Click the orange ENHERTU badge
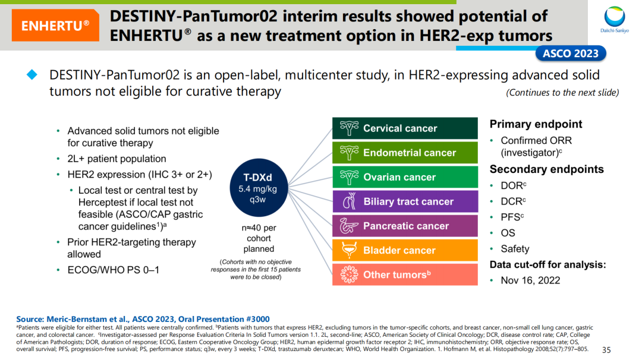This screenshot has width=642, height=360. pos(55,26)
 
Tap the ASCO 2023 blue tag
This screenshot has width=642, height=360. pos(570,54)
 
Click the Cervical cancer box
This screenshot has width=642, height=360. pos(405,128)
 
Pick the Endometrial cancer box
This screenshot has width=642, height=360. pos(405,153)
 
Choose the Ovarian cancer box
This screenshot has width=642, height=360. pos(405,177)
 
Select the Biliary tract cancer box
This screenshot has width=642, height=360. pos(405,201)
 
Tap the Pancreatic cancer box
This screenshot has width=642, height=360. pos(405,226)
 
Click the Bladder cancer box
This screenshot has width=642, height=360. pos(405,250)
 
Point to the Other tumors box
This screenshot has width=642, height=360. pos(405,274)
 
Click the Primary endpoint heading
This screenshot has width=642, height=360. pos(536,124)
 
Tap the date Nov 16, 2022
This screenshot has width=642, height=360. pos(530,280)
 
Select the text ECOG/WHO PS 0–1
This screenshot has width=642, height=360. pos(113,270)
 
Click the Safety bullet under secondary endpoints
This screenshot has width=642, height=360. pos(515,249)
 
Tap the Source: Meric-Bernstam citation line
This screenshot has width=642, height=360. pos(143,319)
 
